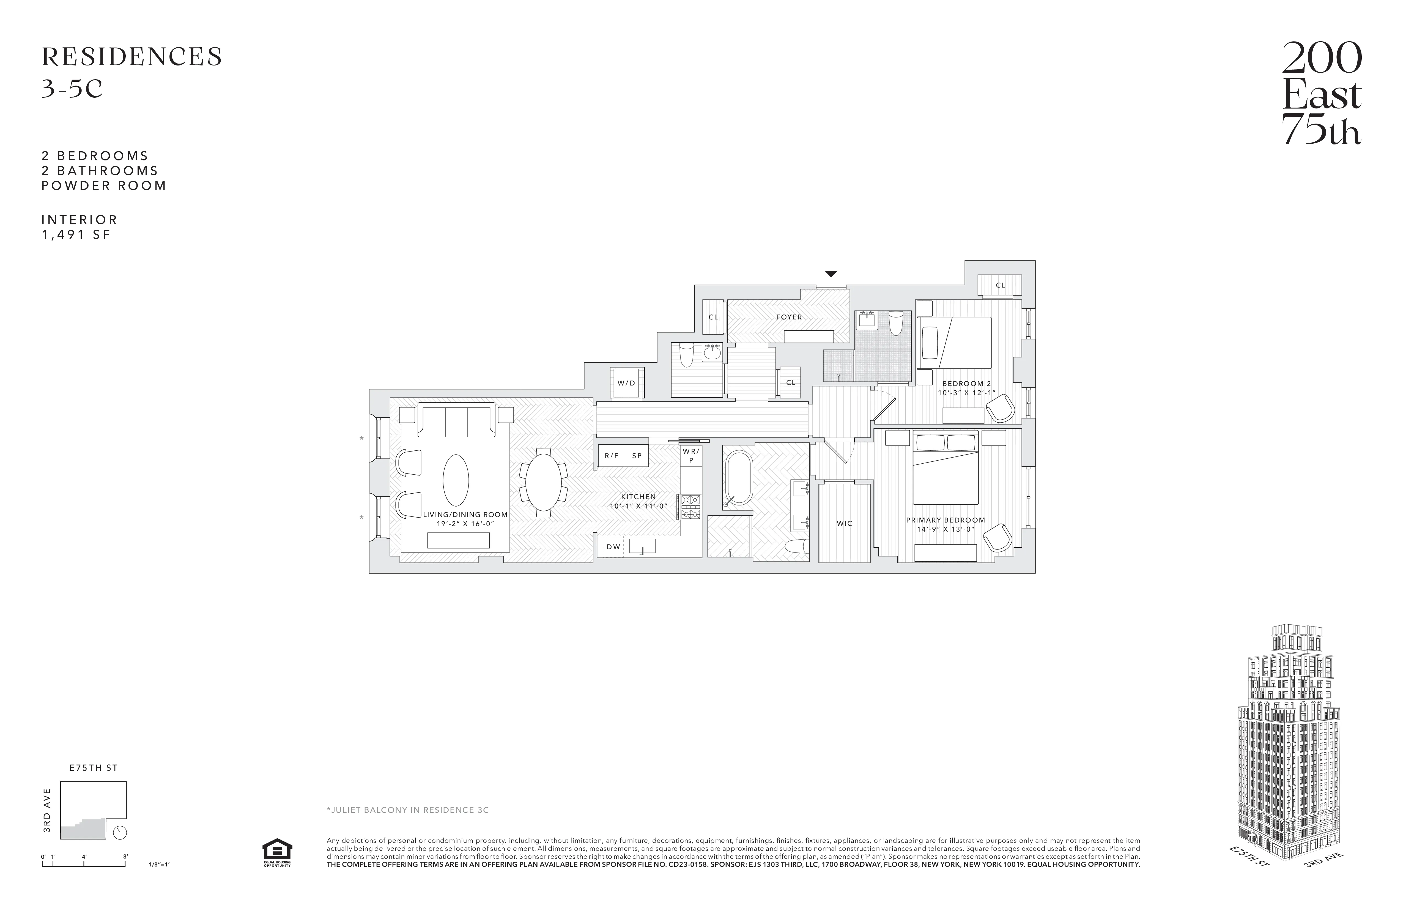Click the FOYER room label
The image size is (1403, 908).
point(789,317)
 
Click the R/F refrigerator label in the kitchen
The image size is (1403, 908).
point(611,456)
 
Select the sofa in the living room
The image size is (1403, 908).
point(456,420)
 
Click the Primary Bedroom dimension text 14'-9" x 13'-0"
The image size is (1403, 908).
point(945,529)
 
